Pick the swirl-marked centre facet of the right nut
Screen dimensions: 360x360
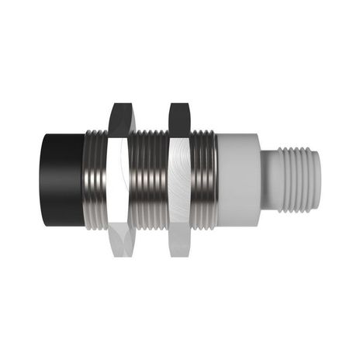pos(178,178)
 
